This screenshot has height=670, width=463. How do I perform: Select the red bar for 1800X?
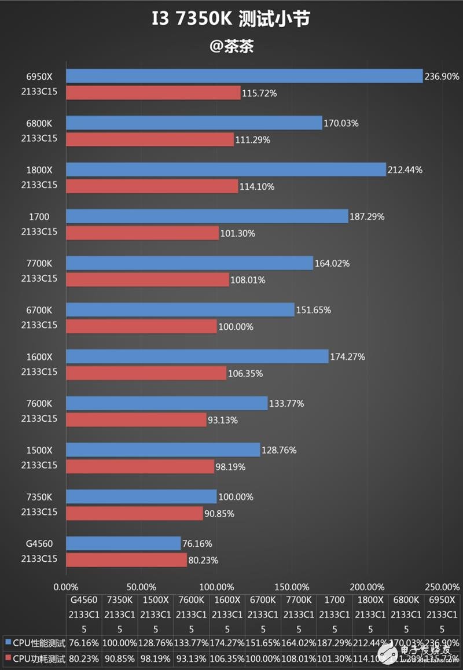coord(152,186)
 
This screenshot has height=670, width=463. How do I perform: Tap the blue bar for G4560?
coord(123,543)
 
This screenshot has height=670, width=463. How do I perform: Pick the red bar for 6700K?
coord(141,326)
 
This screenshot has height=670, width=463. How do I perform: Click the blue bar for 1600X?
coord(197,356)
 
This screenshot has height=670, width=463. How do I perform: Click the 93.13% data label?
coord(223,420)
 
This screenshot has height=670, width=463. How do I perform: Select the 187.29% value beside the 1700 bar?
coord(367,216)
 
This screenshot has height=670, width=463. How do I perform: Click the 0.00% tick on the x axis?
coord(66,586)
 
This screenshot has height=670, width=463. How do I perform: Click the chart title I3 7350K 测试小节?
coord(231,19)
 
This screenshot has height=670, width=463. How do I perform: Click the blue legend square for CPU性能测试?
coord(7,642)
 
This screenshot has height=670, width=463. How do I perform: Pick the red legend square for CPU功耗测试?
coord(7,657)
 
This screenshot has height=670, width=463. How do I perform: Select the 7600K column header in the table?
coord(192,600)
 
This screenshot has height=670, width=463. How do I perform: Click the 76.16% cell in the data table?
coord(84,642)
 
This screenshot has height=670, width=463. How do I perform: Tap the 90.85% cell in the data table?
coord(120,657)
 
